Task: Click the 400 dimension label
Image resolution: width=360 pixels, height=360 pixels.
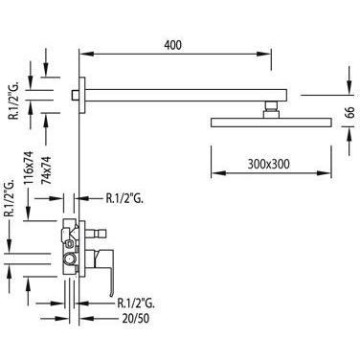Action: [172, 45]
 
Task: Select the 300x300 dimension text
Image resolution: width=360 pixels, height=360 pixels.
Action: [268, 164]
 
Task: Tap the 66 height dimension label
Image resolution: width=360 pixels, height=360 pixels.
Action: [350, 113]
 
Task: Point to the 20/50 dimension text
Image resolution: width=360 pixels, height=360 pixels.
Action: [136, 318]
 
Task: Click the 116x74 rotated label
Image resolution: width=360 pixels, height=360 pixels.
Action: [29, 168]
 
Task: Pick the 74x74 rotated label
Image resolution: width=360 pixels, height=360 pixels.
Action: [47, 169]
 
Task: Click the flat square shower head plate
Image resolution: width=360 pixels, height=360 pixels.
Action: [271, 123]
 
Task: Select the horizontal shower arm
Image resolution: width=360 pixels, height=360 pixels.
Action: [186, 96]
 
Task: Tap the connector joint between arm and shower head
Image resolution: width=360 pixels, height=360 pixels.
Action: [271, 110]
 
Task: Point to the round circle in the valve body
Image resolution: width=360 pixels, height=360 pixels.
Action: [69, 259]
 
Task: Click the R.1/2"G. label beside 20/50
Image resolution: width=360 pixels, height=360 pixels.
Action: [136, 303]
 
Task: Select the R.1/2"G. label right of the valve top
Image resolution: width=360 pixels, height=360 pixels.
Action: [124, 198]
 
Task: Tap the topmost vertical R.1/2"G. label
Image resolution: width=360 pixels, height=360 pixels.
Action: [14, 100]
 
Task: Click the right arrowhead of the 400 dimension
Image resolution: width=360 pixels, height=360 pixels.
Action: [264, 54]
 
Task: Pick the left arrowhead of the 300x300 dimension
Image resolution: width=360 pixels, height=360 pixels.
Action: [218, 173]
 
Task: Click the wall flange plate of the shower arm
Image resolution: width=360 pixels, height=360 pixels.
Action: [82, 96]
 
